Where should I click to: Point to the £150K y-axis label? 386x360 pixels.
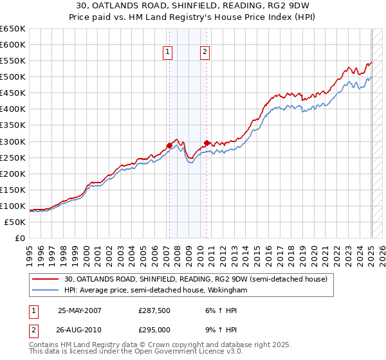click(13, 190)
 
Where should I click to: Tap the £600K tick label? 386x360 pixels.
click(13, 45)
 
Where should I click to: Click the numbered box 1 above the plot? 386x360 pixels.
click(168, 53)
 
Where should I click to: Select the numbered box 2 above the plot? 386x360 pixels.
click(205, 53)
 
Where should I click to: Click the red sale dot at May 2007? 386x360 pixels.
click(169, 145)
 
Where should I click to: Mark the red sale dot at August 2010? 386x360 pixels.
click(207, 143)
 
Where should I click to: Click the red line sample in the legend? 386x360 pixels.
click(46, 279)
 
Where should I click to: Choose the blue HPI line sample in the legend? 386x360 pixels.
click(46, 290)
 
